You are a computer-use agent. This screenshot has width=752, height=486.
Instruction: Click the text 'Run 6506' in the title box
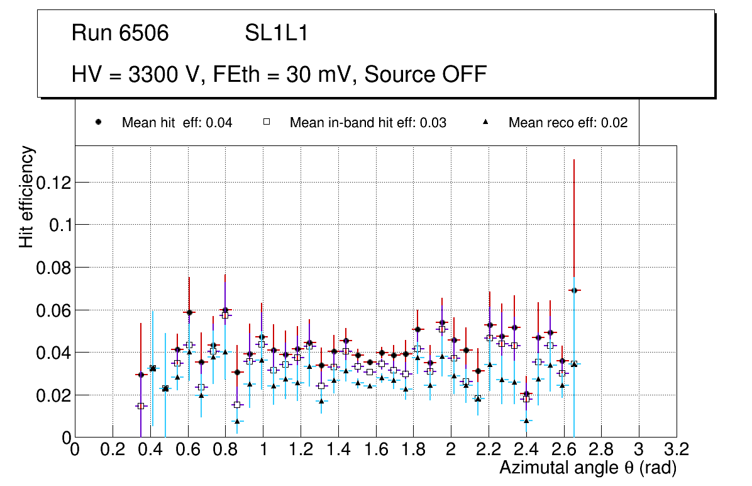coord(120,33)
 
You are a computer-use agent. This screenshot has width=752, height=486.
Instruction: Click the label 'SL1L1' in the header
coord(276,33)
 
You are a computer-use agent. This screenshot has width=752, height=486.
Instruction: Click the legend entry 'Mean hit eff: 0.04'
coord(177,123)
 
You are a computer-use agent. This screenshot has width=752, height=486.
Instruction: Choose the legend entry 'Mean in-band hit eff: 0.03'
coord(368,123)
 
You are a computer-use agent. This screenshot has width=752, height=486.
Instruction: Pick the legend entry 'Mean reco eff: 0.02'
coord(568,123)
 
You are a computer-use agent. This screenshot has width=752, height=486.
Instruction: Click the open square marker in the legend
coord(267,122)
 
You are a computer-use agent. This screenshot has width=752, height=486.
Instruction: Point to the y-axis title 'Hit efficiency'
coord(26,196)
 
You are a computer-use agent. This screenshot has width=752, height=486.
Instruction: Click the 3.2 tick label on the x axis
coord(677,449)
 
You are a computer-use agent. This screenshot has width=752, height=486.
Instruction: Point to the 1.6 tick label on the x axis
coord(376,449)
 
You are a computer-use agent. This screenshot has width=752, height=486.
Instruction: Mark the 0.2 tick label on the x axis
coord(113,449)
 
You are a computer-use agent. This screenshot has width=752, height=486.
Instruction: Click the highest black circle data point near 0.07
coord(573,290)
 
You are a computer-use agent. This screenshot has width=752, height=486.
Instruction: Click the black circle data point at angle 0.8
coord(225,310)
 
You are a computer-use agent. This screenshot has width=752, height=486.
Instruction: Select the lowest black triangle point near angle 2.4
coord(526,421)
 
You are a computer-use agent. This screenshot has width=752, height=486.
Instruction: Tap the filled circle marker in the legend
coord(99,122)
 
